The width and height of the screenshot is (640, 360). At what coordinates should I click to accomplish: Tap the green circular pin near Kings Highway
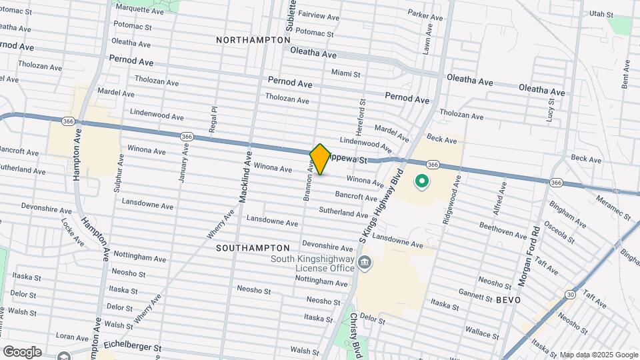421,181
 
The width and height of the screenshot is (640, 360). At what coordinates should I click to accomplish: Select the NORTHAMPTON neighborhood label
253,40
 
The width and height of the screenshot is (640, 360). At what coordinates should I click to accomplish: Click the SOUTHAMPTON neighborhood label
253,247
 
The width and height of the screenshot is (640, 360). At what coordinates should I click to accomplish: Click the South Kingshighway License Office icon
365,262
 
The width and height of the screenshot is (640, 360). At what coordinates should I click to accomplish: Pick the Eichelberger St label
133,347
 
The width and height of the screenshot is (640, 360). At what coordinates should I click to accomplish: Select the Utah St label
601,13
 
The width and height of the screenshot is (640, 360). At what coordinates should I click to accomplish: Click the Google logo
22,351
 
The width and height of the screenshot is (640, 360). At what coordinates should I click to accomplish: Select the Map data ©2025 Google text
599,355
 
